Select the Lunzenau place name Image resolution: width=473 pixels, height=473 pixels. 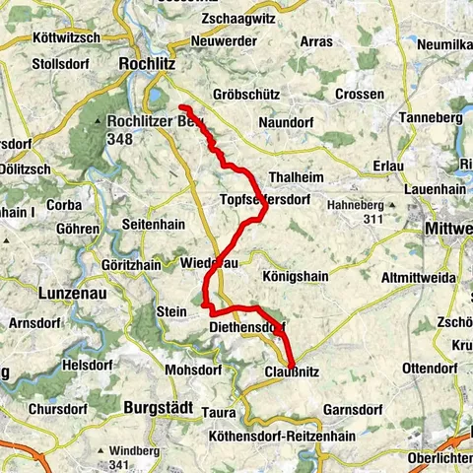(71, 293)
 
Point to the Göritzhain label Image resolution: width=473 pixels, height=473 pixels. (131, 265)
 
